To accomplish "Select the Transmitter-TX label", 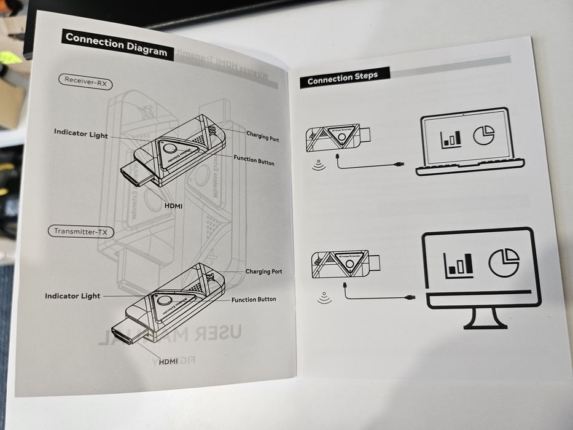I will pyautogui.click(x=80, y=231).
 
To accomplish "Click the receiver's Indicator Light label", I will pyautogui.click(x=80, y=133).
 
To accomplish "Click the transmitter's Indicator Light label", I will pyautogui.click(x=72, y=296).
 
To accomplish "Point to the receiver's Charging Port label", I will pyautogui.click(x=262, y=136).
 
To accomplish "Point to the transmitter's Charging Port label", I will pyautogui.click(x=263, y=271).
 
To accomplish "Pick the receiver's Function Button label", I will pyautogui.click(x=254, y=162).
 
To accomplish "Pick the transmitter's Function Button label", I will pyautogui.click(x=254, y=300).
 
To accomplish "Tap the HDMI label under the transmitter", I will pyautogui.click(x=168, y=362).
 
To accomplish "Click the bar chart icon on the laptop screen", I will pyautogui.click(x=451, y=137).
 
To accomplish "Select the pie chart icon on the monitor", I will pyautogui.click(x=504, y=262).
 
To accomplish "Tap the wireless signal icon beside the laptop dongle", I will pyautogui.click(x=319, y=165).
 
